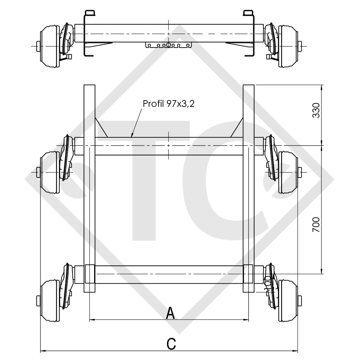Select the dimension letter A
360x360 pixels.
point(170,313)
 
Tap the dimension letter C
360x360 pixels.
point(171,343)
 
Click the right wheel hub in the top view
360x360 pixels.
point(288,46)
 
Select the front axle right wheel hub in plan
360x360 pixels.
point(288,172)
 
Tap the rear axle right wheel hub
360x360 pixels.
point(288,301)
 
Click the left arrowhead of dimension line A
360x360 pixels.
point(91,320)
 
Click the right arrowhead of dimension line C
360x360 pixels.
point(296,351)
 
